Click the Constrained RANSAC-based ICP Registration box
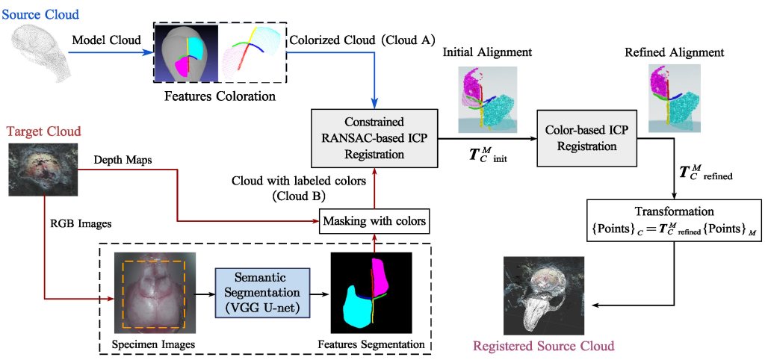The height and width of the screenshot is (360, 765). pos(374,138)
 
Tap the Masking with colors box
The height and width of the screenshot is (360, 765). pos(374,221)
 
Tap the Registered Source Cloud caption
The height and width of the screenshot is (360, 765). pos(543,346)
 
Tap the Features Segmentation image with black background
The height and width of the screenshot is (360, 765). pos(371,293)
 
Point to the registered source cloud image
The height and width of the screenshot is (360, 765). pos(544,296)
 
